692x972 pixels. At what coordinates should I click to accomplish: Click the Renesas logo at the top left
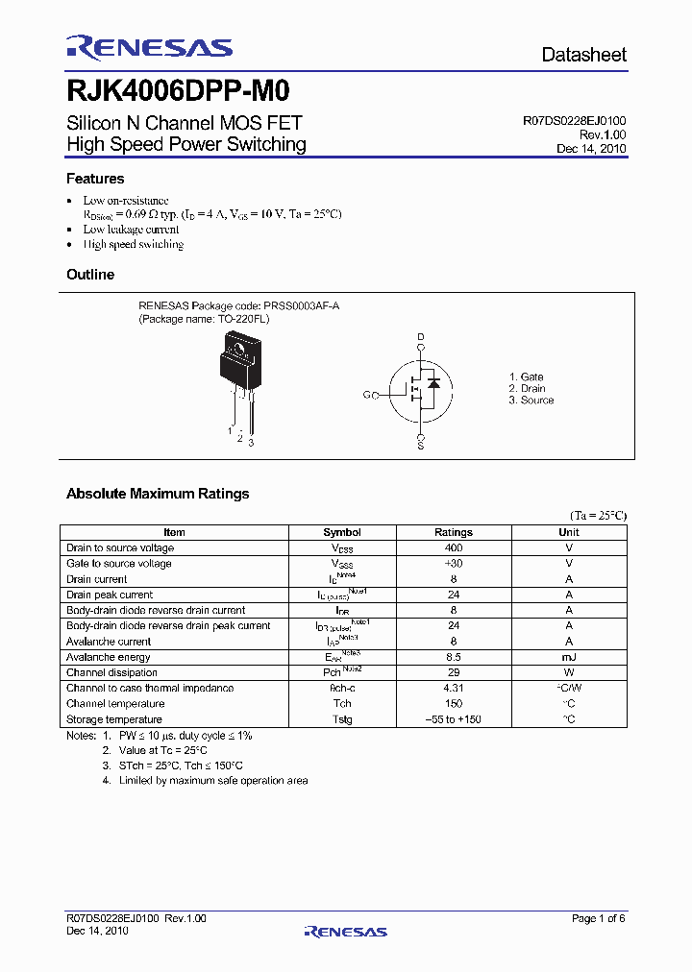[x=149, y=48]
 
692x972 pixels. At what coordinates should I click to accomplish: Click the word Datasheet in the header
[x=583, y=55]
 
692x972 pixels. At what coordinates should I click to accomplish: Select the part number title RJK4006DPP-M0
[x=178, y=92]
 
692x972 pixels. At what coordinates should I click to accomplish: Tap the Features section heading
[x=95, y=179]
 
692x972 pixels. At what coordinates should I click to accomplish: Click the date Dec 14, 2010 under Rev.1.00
[x=591, y=149]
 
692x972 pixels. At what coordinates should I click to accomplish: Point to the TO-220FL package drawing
[x=236, y=370]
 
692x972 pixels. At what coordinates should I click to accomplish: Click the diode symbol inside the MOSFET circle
[x=432, y=383]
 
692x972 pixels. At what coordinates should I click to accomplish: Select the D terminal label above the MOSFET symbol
[x=420, y=337]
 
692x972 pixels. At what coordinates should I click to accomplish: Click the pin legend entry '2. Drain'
[x=527, y=389]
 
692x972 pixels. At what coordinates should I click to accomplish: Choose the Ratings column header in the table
[x=453, y=532]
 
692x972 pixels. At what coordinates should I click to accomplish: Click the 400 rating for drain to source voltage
[x=453, y=547]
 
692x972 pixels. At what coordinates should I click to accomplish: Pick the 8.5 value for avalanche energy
[x=453, y=657]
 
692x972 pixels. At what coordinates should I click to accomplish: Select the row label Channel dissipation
[x=111, y=672]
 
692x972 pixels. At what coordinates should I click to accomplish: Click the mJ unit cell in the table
[x=569, y=657]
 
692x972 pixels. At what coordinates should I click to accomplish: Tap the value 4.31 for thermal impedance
[x=453, y=688]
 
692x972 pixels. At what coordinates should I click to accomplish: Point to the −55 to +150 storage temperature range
[x=453, y=719]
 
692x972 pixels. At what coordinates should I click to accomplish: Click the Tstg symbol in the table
[x=342, y=719]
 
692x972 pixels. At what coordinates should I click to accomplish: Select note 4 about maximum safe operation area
[x=205, y=781]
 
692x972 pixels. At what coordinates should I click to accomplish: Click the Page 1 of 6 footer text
[x=598, y=919]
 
